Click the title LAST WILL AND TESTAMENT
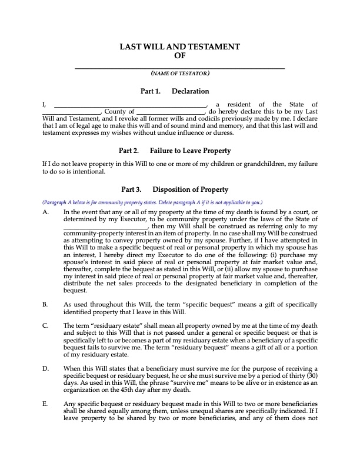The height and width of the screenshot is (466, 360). click(x=179, y=46)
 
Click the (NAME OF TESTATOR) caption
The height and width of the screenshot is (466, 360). click(x=179, y=74)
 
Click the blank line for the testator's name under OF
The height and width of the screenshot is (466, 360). click(x=179, y=68)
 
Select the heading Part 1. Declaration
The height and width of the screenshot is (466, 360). click(x=175, y=91)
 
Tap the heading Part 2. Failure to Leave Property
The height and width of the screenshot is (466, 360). click(x=175, y=150)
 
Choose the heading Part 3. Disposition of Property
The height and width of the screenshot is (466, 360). click(x=175, y=189)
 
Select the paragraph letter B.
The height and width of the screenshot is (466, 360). click(x=46, y=304)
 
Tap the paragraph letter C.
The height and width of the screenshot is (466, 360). click(x=46, y=325)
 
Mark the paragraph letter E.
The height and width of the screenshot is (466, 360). click(x=46, y=403)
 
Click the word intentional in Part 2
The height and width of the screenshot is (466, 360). click(x=88, y=172)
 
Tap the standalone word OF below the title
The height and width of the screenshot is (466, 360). click(x=180, y=55)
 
